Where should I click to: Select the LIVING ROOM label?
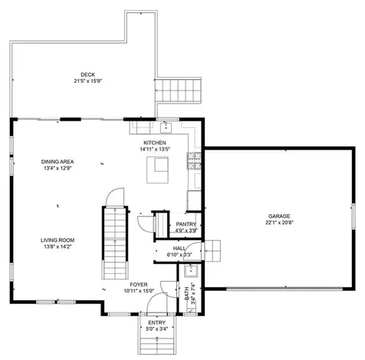click(x=58, y=240)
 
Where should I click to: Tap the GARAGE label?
click(x=279, y=216)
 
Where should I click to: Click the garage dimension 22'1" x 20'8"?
click(x=279, y=223)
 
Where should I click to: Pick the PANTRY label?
click(x=186, y=224)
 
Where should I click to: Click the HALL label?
click(x=179, y=248)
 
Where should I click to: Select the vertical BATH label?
click(x=186, y=293)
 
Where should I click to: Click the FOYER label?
click(x=140, y=284)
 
